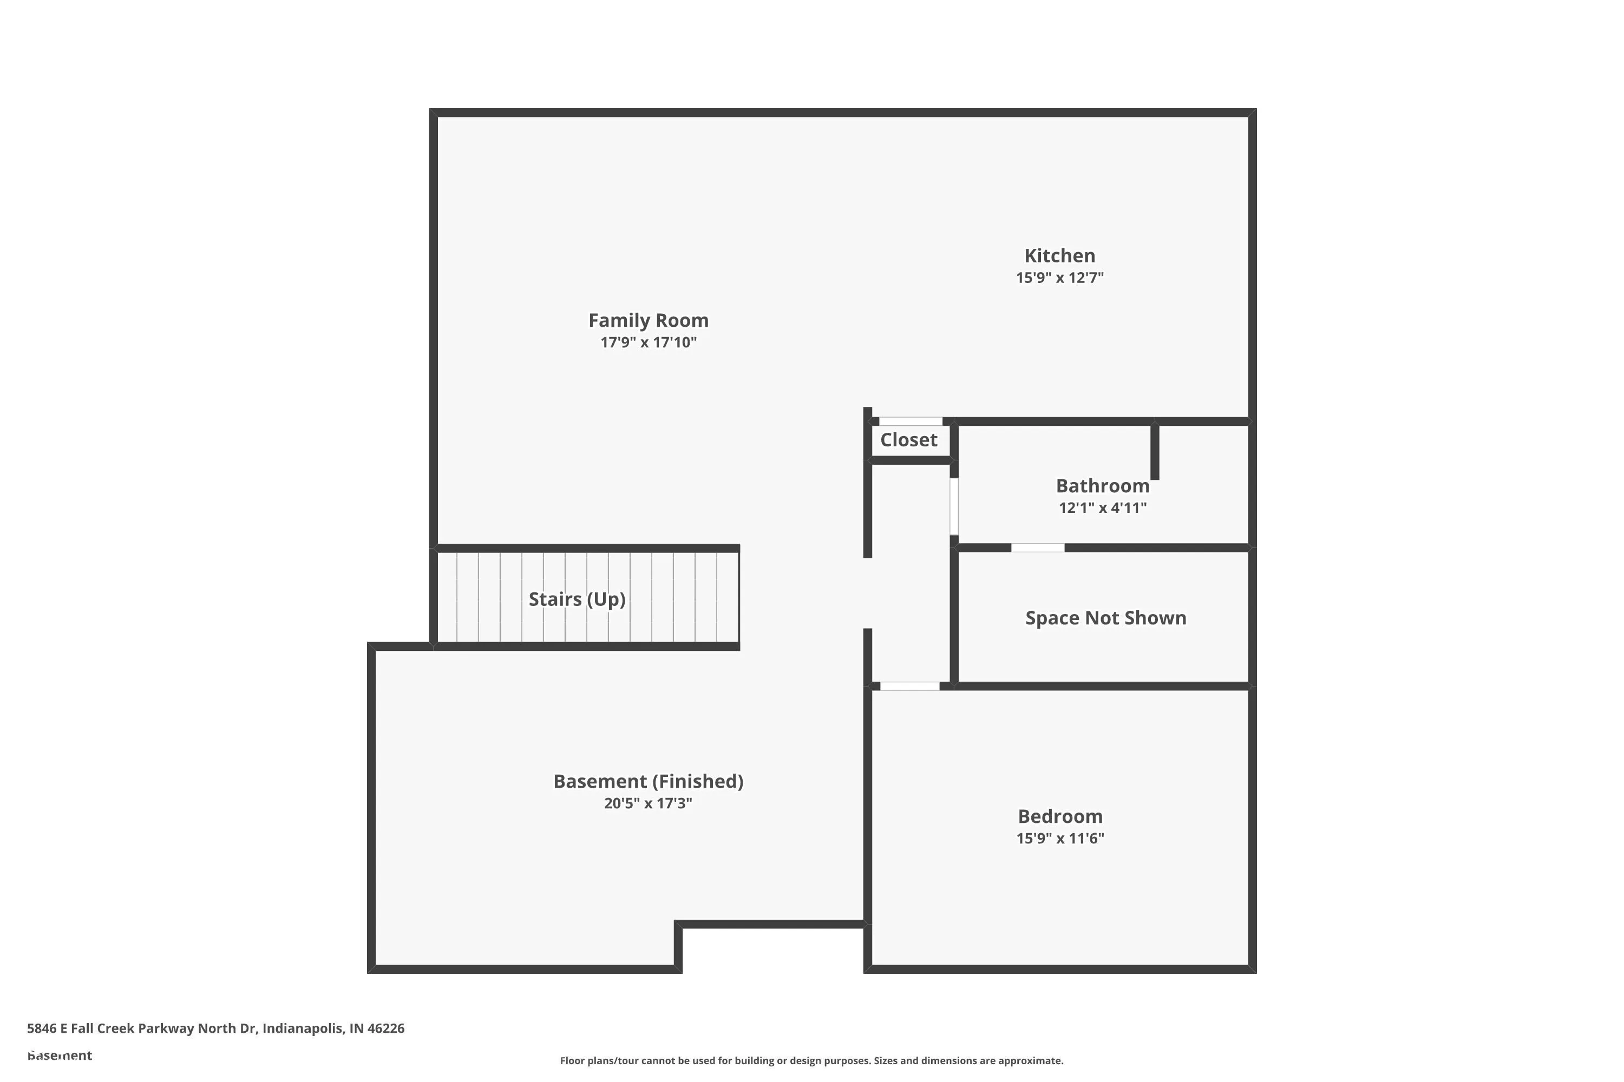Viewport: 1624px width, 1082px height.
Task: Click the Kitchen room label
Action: click(1059, 256)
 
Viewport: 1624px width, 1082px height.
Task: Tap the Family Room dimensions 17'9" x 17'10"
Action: click(649, 342)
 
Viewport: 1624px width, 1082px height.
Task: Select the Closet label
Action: click(909, 440)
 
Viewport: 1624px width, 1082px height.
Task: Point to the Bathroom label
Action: click(1102, 486)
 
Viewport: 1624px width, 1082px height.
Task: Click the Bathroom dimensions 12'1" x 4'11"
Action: click(1102, 508)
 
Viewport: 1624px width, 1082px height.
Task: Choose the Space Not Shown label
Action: click(1105, 618)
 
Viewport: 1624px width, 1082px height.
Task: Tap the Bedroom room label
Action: click(1060, 816)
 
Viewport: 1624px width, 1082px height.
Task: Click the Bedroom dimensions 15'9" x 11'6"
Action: click(1060, 839)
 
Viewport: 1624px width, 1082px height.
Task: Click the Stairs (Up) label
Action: click(577, 599)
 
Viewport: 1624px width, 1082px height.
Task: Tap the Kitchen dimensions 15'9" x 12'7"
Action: click(1059, 278)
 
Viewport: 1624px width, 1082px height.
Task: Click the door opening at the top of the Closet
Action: click(910, 421)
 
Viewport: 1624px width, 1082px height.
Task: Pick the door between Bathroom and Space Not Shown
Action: click(1037, 548)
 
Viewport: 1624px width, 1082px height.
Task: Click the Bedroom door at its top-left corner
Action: click(909, 686)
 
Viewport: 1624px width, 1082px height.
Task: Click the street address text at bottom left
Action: click(215, 1028)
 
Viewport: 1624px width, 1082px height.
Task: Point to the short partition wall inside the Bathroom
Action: click(1155, 452)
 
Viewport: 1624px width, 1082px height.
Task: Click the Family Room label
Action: click(649, 321)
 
